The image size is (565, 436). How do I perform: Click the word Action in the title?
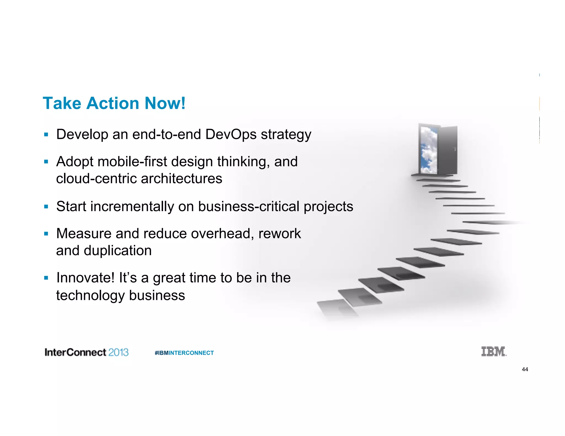[x=113, y=103]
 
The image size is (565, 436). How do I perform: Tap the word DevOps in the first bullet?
[x=231, y=134]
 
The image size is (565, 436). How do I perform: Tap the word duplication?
[x=118, y=251]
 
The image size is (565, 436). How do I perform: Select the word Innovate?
[x=85, y=278]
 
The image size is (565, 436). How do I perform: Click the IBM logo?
[x=494, y=351]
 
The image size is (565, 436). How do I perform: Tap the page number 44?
[x=525, y=369]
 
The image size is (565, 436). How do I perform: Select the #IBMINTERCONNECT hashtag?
[x=184, y=353]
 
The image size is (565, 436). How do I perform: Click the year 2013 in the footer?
[x=118, y=352]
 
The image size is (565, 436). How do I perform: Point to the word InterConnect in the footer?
[x=75, y=352]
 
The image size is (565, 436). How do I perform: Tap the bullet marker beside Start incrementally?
[x=46, y=206]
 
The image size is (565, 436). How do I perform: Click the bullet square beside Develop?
[x=46, y=134]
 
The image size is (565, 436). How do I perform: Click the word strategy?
[x=286, y=134]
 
